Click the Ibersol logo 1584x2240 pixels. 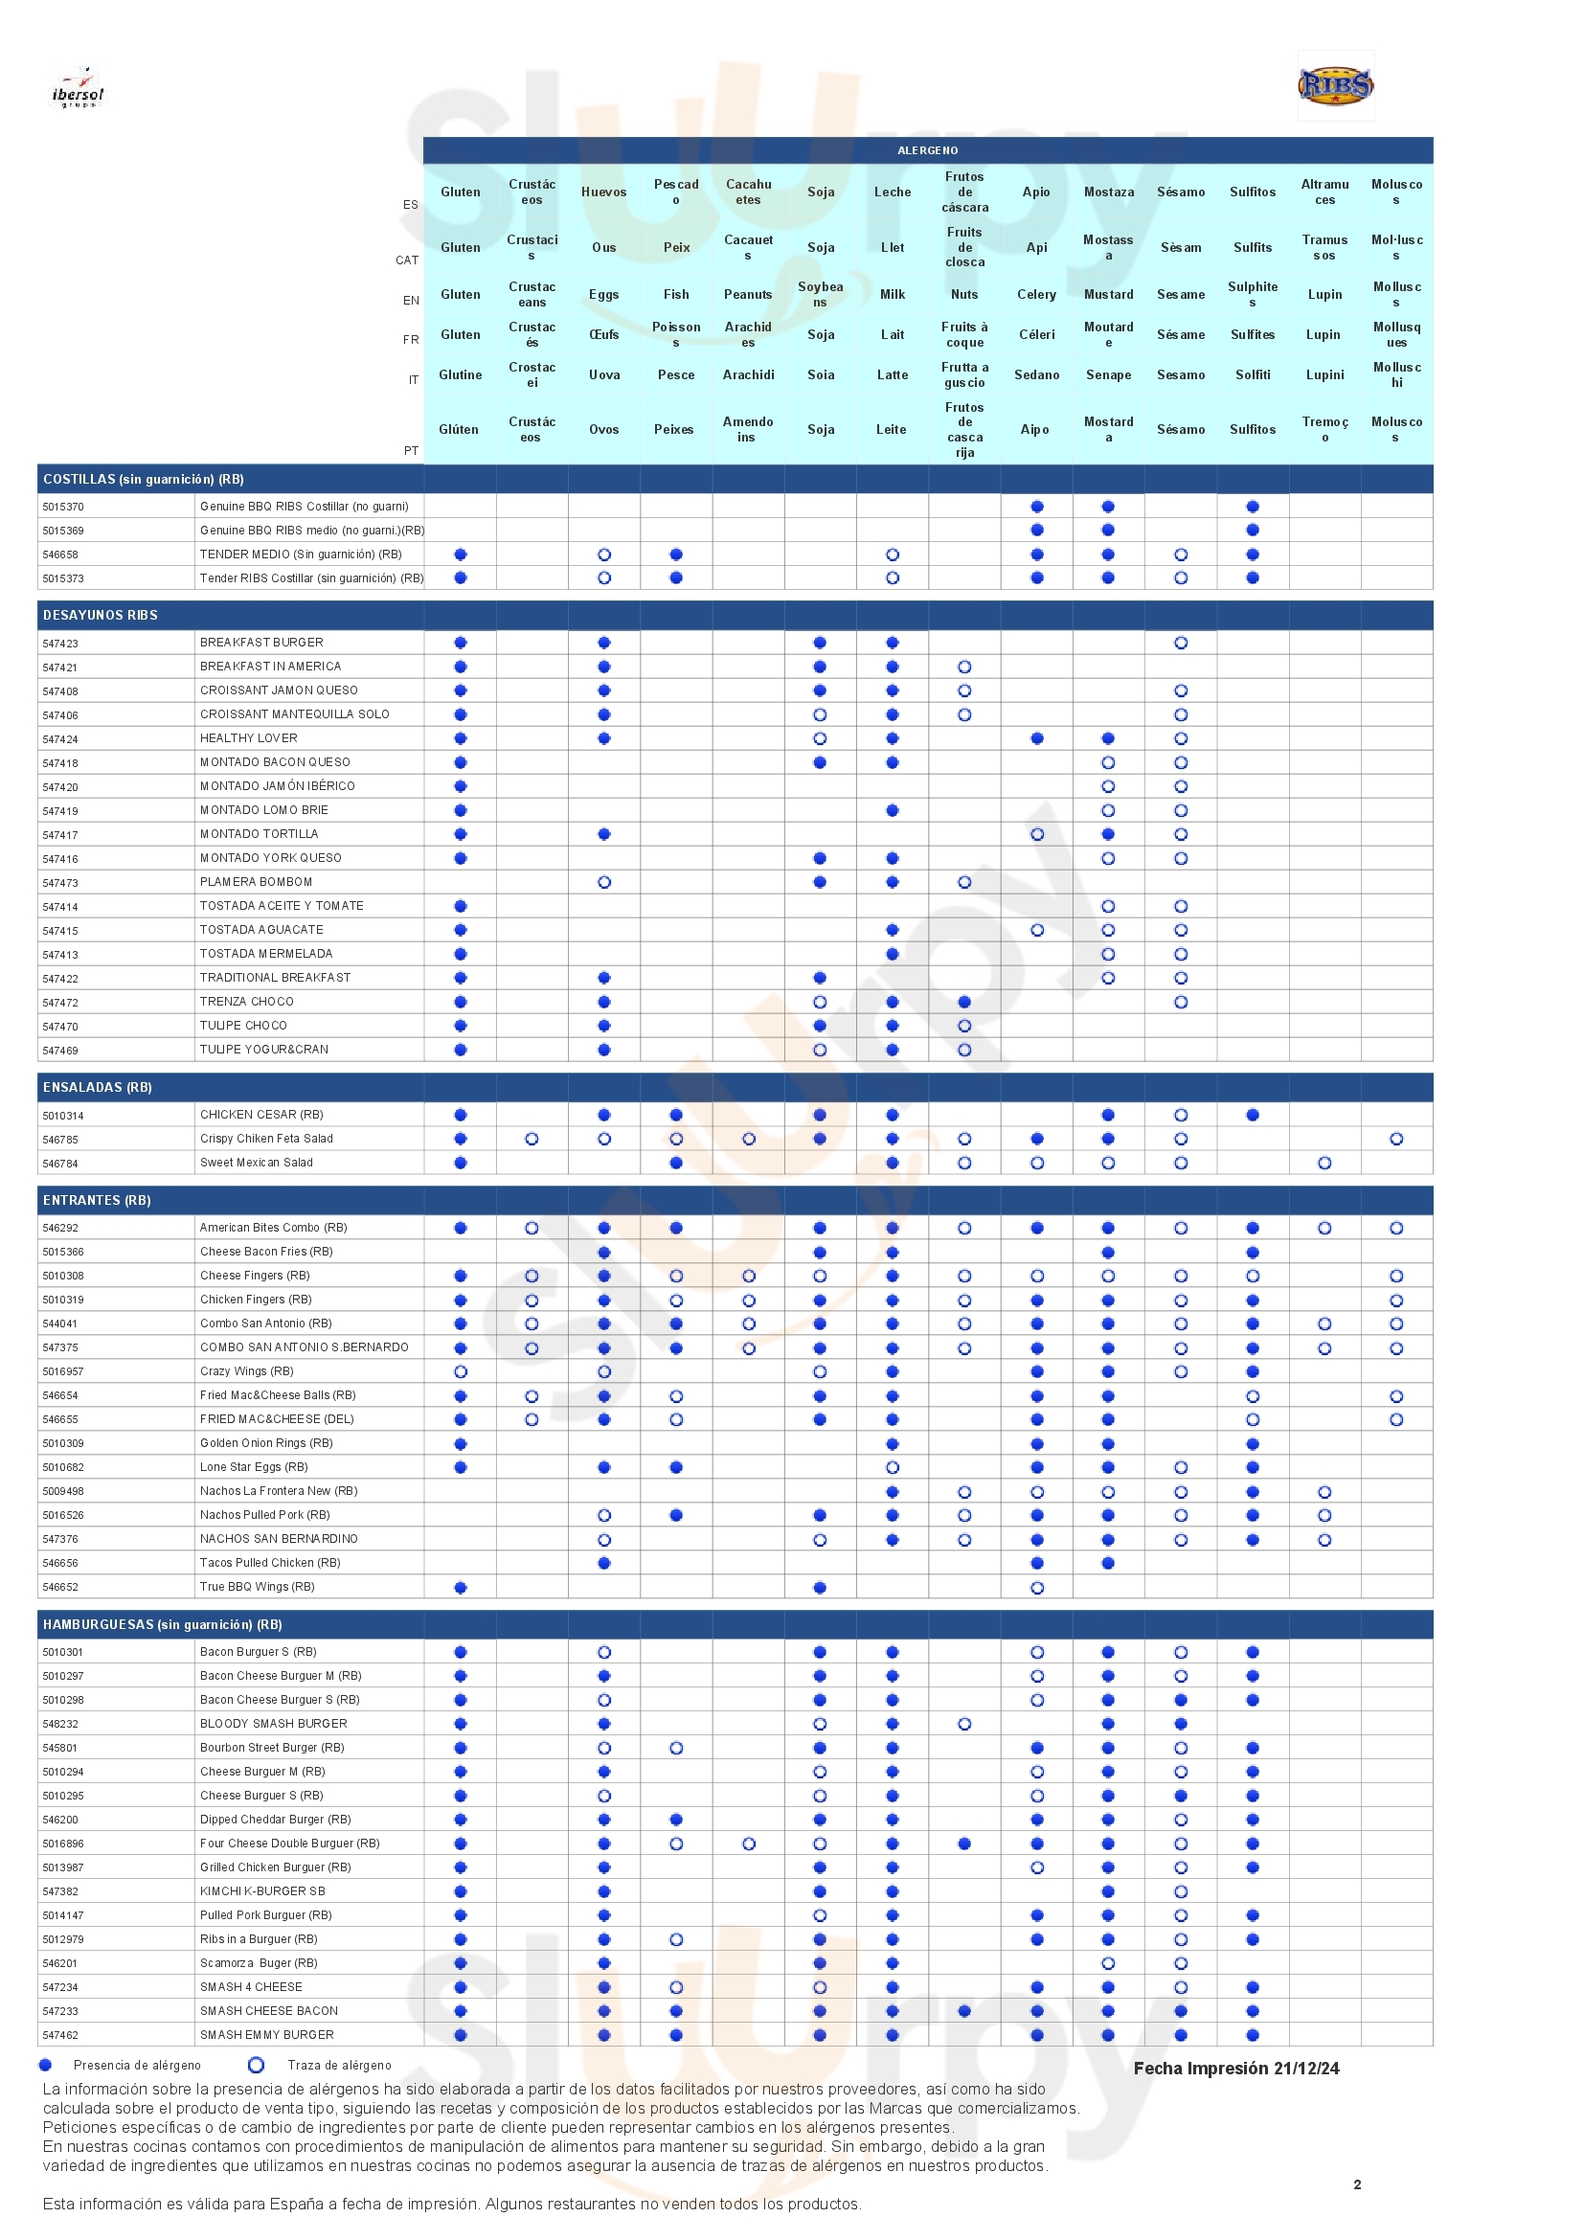tap(78, 88)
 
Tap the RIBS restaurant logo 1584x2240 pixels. tap(1335, 86)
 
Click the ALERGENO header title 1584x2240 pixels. tap(928, 150)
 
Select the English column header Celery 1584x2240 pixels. tap(1036, 295)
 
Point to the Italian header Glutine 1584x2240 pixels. tap(461, 374)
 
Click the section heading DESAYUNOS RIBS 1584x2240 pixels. tap(100, 616)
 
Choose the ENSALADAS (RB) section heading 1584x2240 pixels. tap(97, 1087)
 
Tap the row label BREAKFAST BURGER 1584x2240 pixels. tap(261, 643)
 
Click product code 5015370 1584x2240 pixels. tap(62, 508)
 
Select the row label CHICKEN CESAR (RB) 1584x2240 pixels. tap(261, 1114)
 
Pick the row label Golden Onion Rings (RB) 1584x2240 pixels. tap(266, 1443)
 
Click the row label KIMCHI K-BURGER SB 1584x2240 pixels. tap(262, 1890)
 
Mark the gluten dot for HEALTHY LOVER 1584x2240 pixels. tap(461, 738)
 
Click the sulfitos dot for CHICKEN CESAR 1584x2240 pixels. tap(1253, 1114)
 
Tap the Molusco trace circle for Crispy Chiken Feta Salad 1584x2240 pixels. tap(1395, 1139)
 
